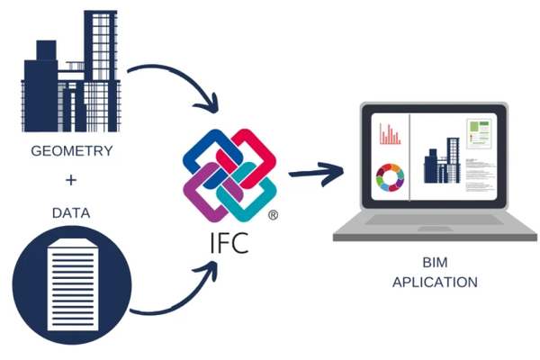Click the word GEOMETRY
click(x=71, y=151)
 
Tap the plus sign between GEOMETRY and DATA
click(x=71, y=182)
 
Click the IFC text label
click(x=230, y=243)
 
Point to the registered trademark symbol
click(x=273, y=216)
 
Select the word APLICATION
click(x=435, y=283)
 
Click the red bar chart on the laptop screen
click(x=390, y=134)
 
